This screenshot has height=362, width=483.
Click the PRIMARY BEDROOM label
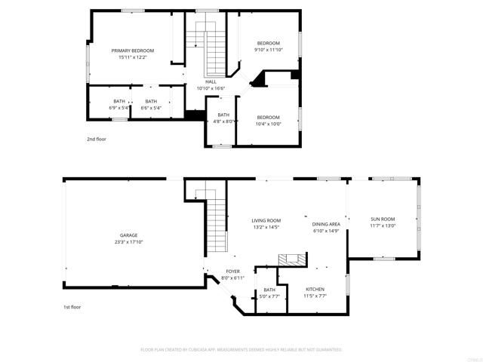132,51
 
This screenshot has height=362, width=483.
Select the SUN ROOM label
383,219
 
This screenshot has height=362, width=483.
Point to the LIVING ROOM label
266,220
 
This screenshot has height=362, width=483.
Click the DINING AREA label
326,224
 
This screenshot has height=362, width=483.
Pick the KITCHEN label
315,289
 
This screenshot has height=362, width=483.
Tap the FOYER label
232,271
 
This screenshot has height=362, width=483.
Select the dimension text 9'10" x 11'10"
268,50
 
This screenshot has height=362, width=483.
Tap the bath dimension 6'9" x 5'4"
119,108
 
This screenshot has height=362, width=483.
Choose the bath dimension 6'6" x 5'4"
151,108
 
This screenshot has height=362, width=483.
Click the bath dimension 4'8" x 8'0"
223,121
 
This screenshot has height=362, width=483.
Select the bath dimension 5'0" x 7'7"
270,296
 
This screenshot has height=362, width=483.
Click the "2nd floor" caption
96,140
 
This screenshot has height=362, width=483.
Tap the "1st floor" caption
72,307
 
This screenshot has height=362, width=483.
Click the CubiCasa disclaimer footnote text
241,349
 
